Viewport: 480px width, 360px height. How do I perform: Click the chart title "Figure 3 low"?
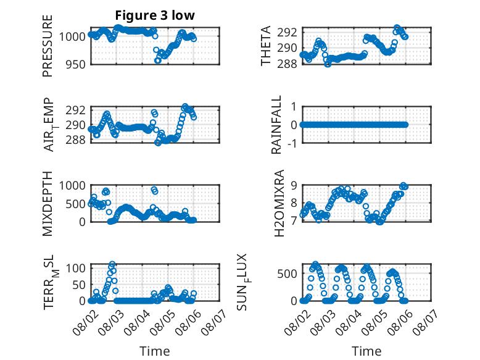point(155,15)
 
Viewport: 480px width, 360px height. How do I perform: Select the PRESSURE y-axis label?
point(48,46)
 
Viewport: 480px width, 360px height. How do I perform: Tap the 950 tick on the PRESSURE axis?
point(75,65)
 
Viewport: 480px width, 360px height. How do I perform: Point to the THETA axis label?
point(266,46)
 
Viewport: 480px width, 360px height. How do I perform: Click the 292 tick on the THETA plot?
point(287,32)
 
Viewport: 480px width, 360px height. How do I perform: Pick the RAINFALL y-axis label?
point(276,125)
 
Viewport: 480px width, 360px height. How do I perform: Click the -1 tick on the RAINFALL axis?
point(292,143)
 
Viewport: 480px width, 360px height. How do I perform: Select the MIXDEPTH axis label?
point(48,203)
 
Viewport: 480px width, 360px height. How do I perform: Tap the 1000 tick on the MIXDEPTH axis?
point(72,185)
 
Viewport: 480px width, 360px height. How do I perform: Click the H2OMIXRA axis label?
point(279,203)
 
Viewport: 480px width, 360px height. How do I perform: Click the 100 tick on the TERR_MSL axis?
point(75,269)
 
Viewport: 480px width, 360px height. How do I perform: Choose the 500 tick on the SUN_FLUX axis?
point(287,274)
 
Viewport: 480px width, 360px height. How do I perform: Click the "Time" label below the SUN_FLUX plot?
point(366,351)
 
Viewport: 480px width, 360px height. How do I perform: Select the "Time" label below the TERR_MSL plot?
point(155,351)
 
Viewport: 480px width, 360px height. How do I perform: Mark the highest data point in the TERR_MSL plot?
point(112,264)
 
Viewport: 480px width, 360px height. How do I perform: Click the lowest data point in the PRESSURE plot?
point(158,61)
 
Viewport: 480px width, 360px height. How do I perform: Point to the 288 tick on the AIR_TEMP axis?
point(75,140)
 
